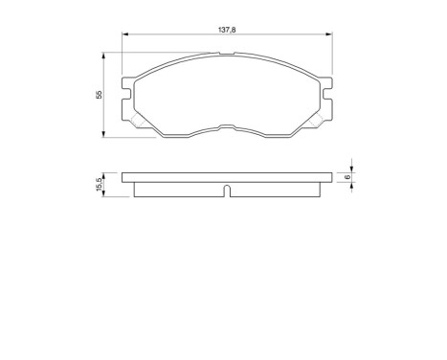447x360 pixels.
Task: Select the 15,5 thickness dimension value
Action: (x=98, y=185)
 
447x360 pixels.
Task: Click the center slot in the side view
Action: (x=226, y=190)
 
